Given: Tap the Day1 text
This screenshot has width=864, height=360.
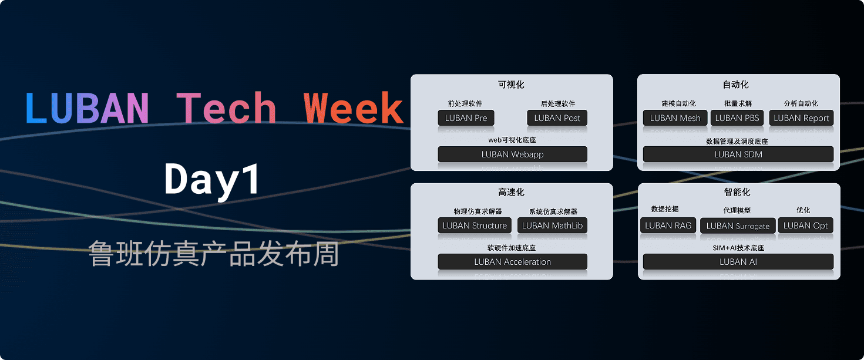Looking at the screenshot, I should click(x=212, y=180).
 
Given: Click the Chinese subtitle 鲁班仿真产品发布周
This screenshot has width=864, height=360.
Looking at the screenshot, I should click(x=214, y=254).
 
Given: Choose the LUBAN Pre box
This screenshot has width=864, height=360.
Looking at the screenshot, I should click(x=466, y=118).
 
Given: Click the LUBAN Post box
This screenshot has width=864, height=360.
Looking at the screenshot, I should click(x=557, y=118).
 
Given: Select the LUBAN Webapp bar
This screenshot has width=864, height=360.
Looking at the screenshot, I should click(x=512, y=154).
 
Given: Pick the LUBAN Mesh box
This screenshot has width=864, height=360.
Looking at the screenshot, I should click(x=675, y=118).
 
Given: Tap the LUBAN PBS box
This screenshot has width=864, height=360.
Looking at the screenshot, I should click(x=737, y=118).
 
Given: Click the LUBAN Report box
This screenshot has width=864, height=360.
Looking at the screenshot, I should click(x=801, y=118).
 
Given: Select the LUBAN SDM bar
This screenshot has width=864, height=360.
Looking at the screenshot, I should click(x=738, y=154).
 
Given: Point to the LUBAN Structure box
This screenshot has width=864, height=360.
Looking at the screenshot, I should click(x=475, y=226).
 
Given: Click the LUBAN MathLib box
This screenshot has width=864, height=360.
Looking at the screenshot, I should click(x=552, y=226).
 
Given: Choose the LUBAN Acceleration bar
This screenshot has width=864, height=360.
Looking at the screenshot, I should click(x=512, y=262).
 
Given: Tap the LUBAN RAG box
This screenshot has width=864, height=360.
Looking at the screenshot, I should click(x=668, y=226).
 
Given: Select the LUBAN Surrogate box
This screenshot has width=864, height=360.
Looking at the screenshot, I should click(x=738, y=226).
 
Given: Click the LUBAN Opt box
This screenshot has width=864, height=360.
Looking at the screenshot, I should click(x=805, y=226).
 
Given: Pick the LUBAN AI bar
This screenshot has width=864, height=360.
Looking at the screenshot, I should click(x=738, y=262).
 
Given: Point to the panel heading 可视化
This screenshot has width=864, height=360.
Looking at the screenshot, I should click(x=511, y=85).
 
